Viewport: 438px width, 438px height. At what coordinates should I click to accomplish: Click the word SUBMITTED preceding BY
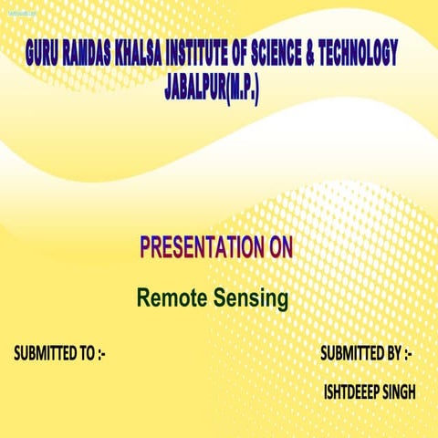(352, 353)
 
